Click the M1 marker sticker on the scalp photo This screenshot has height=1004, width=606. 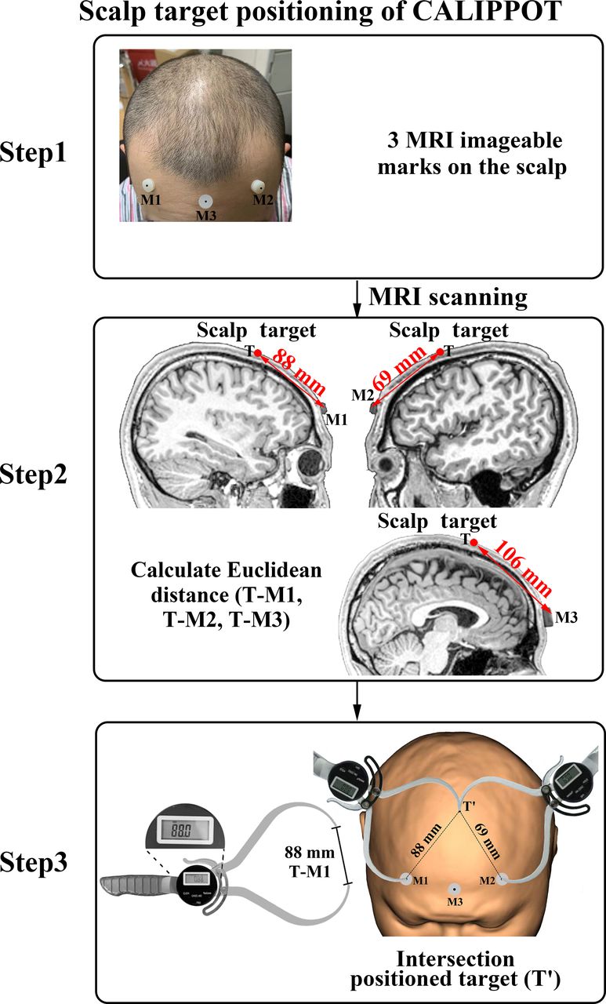147,185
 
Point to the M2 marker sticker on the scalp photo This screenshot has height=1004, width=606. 258,185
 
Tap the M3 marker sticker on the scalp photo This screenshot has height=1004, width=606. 205,202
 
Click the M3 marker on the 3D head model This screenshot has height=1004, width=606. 453,889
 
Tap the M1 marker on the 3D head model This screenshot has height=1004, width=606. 406,879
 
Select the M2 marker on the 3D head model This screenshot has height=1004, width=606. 503,879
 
